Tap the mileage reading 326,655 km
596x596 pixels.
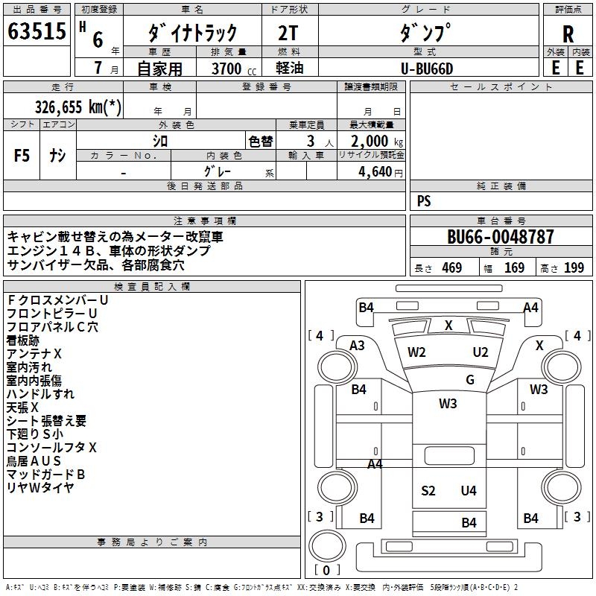coord(78,107)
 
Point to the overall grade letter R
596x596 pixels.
coord(568,34)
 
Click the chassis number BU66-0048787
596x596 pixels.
coord(501,237)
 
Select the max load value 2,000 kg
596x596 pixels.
coord(372,141)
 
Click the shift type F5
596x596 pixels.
coord(22,156)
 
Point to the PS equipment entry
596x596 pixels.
coord(424,201)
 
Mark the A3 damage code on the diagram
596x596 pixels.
coord(358,345)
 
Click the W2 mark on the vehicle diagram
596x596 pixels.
coord(416,352)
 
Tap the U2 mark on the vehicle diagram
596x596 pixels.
coord(481,352)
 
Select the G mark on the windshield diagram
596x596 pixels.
coord(470,380)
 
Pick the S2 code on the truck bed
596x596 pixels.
coord(428,490)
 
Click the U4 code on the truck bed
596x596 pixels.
coord(469,490)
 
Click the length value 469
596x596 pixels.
coord(451,268)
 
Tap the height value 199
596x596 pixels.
coord(574,268)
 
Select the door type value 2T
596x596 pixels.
coord(290,33)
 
